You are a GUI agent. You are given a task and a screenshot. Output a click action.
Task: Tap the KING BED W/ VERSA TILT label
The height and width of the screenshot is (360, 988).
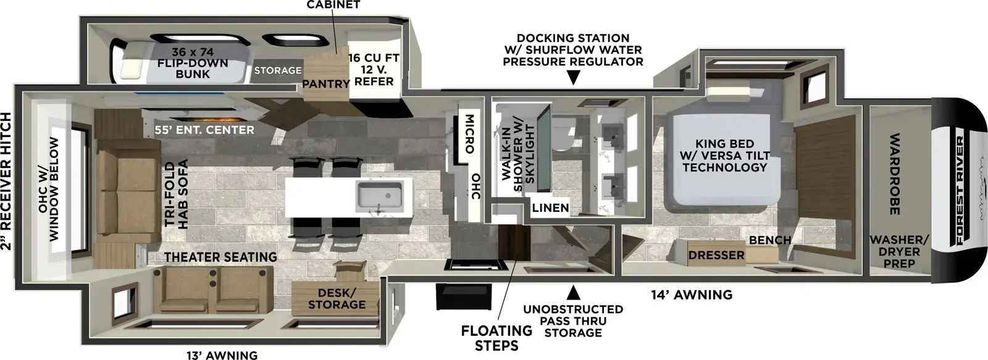[724, 156]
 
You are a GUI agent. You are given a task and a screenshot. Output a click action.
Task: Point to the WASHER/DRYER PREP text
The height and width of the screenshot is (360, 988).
[898, 251]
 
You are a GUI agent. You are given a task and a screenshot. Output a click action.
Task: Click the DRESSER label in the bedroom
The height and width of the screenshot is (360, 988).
[716, 254]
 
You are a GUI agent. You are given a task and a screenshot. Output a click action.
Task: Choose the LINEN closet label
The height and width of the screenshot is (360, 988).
[550, 207]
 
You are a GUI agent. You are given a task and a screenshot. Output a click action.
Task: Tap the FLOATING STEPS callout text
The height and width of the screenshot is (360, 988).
[496, 338]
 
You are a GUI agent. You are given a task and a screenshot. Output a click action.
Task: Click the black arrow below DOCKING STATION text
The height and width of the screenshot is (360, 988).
[574, 78]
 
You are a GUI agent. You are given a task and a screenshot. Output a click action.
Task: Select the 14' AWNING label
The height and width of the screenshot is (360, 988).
[691, 295]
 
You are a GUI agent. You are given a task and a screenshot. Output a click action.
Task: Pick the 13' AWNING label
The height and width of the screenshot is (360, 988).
[222, 354]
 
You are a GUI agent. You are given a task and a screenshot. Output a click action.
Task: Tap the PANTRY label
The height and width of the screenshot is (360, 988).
[325, 83]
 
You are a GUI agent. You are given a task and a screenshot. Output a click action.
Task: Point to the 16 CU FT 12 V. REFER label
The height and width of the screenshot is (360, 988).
[374, 69]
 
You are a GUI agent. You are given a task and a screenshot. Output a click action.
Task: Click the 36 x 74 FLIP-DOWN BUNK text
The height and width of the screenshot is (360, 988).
[193, 63]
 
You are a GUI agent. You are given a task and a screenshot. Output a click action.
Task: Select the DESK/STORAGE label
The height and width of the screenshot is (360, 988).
[337, 298]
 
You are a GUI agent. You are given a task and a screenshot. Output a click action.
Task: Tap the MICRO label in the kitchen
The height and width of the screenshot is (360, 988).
[469, 133]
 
